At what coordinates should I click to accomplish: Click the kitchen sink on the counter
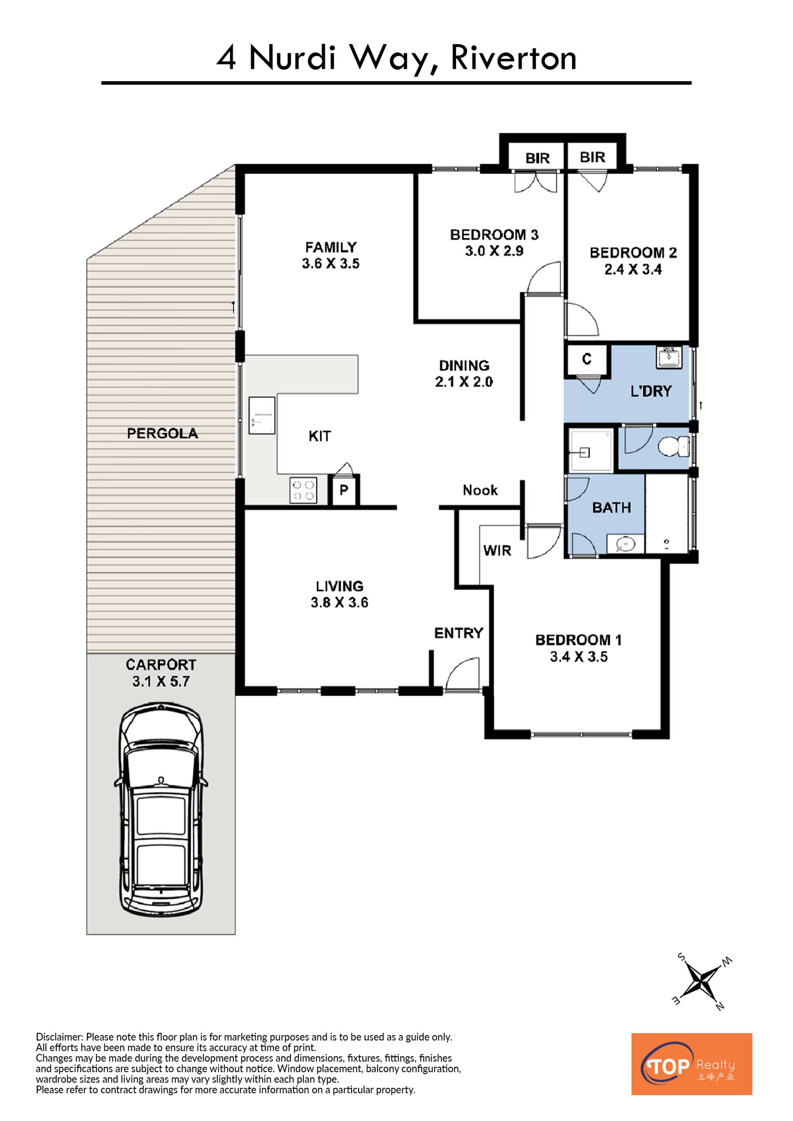click(262, 415)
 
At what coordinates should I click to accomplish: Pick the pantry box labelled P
click(344, 490)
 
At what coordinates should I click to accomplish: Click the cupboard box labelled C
click(587, 359)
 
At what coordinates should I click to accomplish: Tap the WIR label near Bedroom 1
click(497, 551)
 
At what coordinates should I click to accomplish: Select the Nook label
click(480, 490)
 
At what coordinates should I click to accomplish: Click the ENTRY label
click(458, 633)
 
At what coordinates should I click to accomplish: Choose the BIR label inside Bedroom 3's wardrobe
click(538, 158)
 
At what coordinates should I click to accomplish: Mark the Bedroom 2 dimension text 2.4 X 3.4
click(633, 270)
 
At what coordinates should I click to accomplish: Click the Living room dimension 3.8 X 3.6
click(340, 603)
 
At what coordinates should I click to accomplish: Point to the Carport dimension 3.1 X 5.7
click(161, 682)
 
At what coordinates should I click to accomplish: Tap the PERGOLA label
click(163, 434)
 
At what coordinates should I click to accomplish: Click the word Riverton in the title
click(514, 58)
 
